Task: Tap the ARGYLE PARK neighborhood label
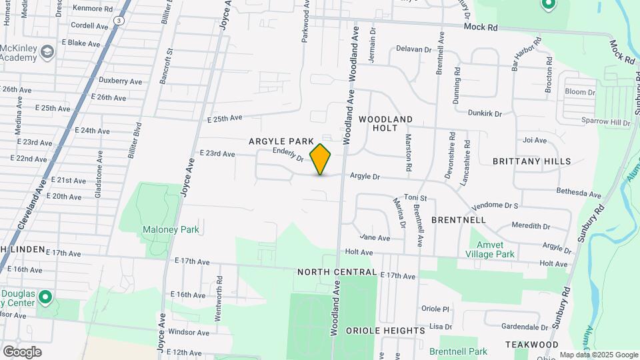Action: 281,141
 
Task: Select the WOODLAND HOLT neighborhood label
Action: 386,123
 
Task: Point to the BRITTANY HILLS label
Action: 531,161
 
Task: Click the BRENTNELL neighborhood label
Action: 458,219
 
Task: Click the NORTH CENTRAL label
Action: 337,272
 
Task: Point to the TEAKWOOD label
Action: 531,344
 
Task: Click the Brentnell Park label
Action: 458,351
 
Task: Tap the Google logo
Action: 22,352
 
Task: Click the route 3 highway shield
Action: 118,21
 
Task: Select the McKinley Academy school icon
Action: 47,51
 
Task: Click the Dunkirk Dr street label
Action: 484,113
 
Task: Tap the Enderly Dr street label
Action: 288,155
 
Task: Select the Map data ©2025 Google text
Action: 598,355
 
